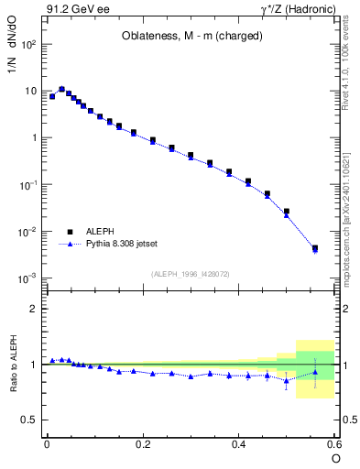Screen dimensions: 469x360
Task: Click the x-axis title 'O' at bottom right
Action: pyautogui.click(x=335, y=458)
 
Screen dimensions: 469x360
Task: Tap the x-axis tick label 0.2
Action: pyautogui.click(x=143, y=443)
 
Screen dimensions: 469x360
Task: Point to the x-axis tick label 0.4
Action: pyautogui.click(x=239, y=443)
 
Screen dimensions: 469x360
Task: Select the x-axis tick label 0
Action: pyautogui.click(x=47, y=443)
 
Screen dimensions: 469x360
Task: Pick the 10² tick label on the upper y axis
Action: pyautogui.click(x=28, y=44)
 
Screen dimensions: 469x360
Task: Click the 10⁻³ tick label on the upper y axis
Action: pyautogui.click(x=28, y=278)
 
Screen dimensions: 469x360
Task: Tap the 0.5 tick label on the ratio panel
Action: pyautogui.click(x=28, y=420)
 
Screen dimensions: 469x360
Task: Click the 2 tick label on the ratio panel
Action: pyautogui.click(x=33, y=309)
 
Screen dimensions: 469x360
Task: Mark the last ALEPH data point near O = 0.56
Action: pyautogui.click(x=315, y=248)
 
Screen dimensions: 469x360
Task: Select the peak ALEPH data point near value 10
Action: pyautogui.click(x=61, y=90)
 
